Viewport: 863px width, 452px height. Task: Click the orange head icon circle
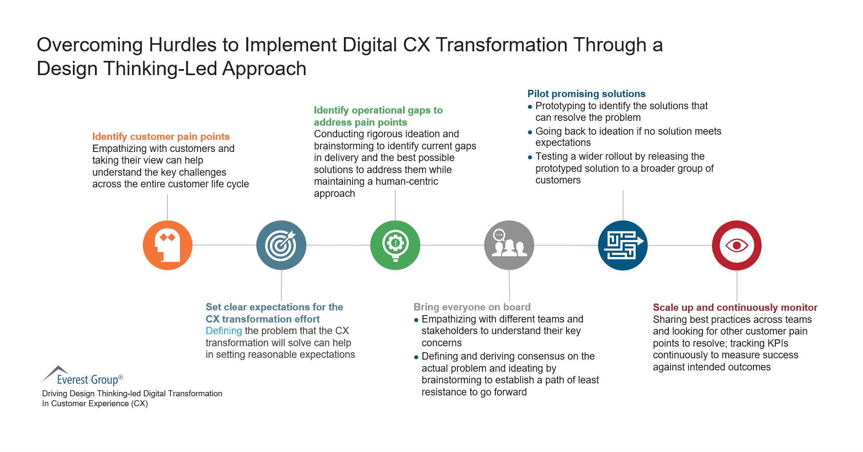click(x=167, y=245)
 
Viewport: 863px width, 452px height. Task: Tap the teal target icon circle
click(x=281, y=245)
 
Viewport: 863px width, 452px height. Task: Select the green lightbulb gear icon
click(x=395, y=245)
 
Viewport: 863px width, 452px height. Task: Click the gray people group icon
click(x=509, y=245)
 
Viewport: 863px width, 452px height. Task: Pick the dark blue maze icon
click(x=623, y=245)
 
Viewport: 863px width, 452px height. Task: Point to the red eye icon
click(x=737, y=245)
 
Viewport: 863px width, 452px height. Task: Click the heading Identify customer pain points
click(x=161, y=136)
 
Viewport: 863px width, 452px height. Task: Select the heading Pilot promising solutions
click(x=586, y=94)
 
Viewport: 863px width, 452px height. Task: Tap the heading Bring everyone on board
click(x=472, y=307)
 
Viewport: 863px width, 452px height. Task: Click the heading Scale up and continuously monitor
click(x=735, y=307)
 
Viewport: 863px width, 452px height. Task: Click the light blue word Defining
click(x=224, y=331)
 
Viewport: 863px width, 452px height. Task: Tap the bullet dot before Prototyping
click(x=530, y=107)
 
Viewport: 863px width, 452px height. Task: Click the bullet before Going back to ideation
click(x=530, y=132)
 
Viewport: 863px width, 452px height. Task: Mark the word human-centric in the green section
click(x=406, y=181)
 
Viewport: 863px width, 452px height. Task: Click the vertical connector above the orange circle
click(x=167, y=207)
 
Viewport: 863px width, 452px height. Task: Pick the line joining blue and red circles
click(x=680, y=245)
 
